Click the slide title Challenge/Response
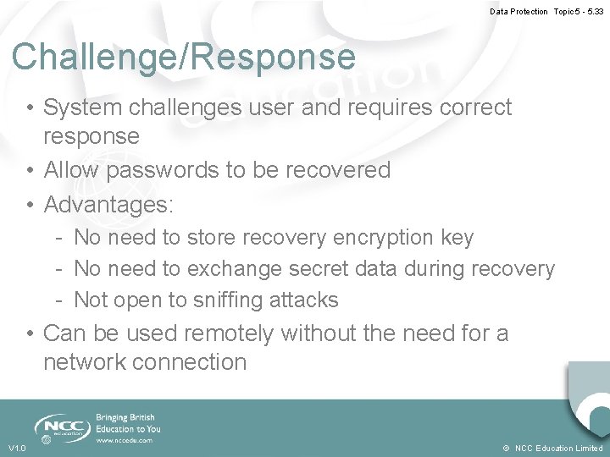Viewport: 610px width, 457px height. (184, 58)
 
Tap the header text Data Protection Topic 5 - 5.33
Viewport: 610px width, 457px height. (546, 11)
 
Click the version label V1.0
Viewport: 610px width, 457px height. (17, 448)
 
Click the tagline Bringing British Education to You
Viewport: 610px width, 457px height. (128, 423)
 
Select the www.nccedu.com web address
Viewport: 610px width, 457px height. (125, 440)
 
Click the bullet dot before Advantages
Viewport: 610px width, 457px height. (30, 205)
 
